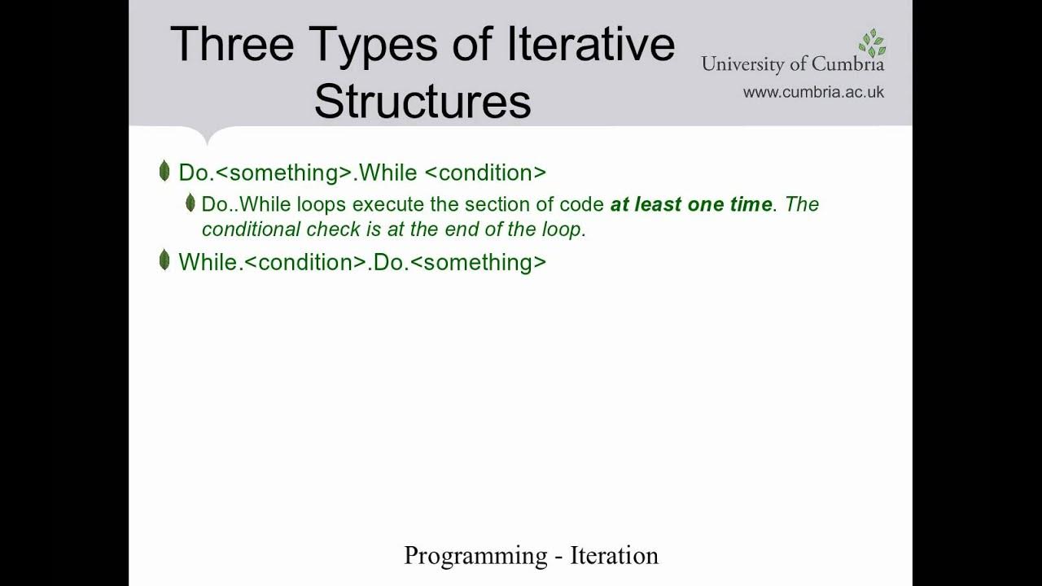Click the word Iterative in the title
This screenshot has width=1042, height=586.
click(591, 44)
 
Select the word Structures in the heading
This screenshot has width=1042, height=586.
click(422, 102)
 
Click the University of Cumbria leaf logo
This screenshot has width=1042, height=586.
click(871, 42)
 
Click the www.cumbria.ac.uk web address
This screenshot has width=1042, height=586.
click(813, 92)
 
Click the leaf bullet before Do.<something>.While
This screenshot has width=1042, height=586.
click(164, 172)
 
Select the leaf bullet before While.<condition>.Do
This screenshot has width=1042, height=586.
click(164, 260)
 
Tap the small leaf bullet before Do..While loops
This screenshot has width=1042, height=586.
click(190, 203)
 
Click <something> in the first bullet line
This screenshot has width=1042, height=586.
click(284, 173)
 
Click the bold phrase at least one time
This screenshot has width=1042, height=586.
click(691, 204)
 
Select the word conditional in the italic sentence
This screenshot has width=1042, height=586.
click(252, 230)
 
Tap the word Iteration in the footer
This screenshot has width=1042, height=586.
click(614, 556)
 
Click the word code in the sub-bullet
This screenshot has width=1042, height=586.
click(586, 204)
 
